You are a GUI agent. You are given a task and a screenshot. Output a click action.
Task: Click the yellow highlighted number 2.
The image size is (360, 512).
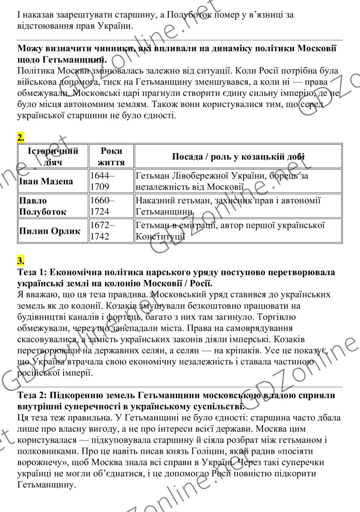coord(21,137)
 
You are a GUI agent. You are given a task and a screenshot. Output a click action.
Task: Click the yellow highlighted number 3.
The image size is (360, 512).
coord(21,261)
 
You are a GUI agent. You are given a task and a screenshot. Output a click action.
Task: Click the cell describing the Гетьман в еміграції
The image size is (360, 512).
coord(230,230)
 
